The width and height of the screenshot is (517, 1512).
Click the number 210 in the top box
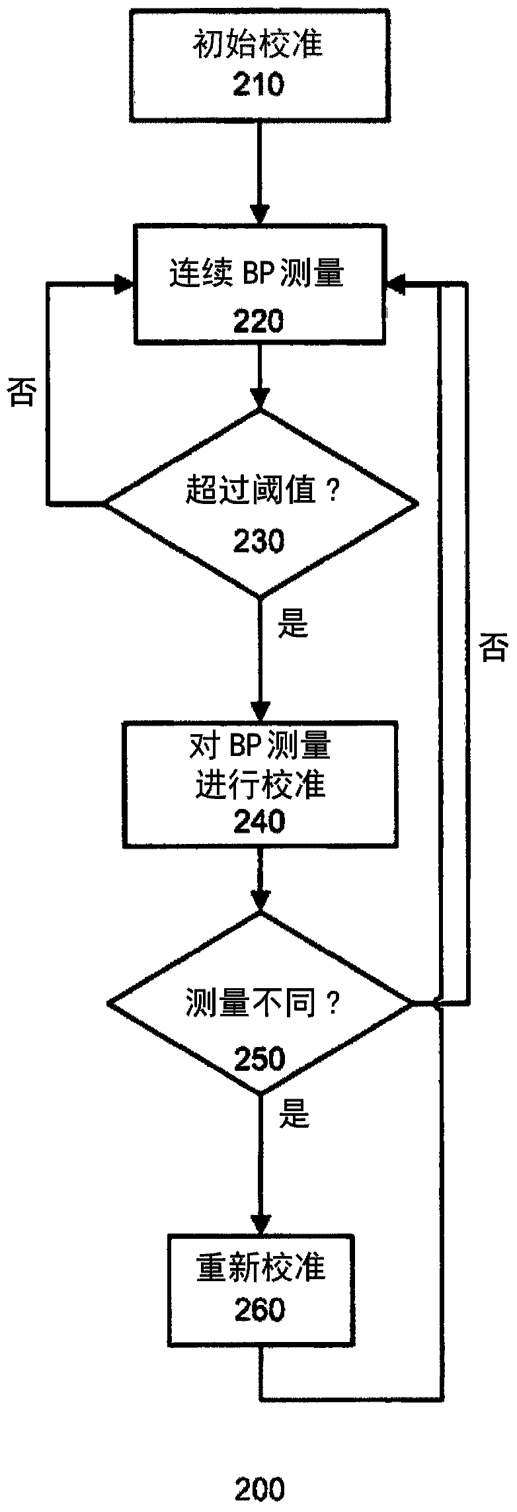pyautogui.click(x=258, y=85)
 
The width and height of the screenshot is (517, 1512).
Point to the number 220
pyautogui.click(x=258, y=322)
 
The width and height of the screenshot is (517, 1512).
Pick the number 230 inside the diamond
pyautogui.click(x=258, y=541)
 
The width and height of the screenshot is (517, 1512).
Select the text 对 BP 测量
pyautogui.click(x=260, y=747)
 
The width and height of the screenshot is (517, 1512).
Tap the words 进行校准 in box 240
pyautogui.click(x=260, y=785)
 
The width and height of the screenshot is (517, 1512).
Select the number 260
pyautogui.click(x=260, y=1309)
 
